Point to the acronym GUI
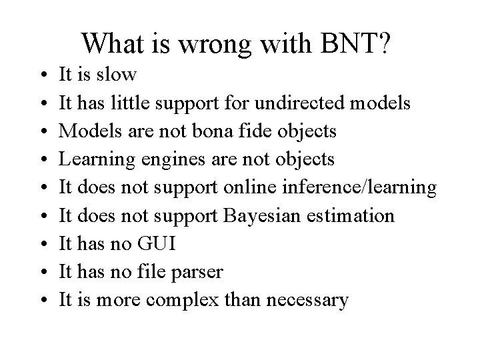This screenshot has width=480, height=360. (157, 244)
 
